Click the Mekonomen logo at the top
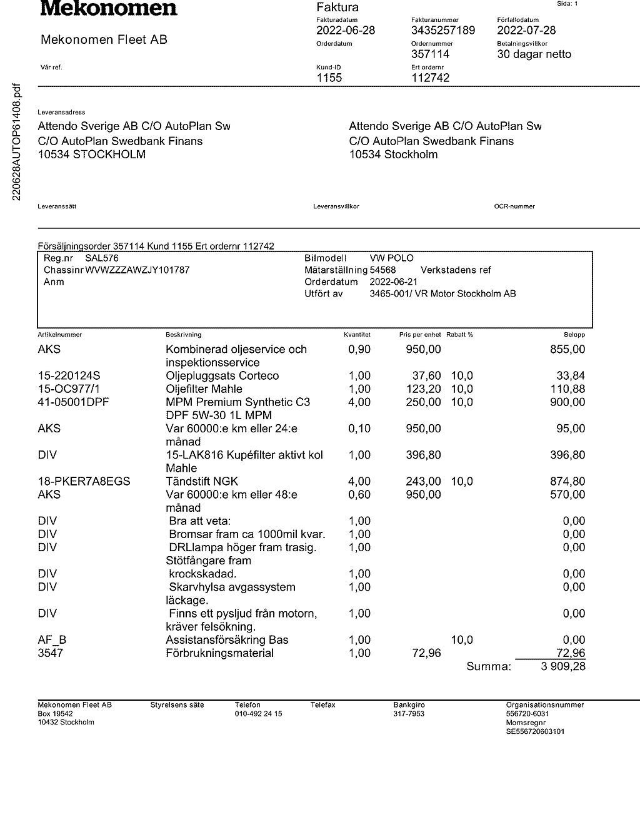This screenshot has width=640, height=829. tap(109, 9)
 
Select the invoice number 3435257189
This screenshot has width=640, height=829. tap(442, 31)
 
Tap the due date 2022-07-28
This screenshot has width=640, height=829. tap(526, 31)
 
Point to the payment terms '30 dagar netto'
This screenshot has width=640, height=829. tap(534, 54)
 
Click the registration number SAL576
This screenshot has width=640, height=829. tap(101, 258)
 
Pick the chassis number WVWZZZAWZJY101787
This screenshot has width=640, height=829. tap(137, 270)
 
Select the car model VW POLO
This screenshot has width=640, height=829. tap(391, 258)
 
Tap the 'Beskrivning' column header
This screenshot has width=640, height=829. tap(183, 335)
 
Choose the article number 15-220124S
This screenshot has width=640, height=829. tap(69, 376)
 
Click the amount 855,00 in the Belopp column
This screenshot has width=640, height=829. tap(567, 349)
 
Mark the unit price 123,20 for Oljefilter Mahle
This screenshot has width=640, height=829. tap(423, 389)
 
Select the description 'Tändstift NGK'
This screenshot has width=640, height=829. tap(202, 482)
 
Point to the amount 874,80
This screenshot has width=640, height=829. tap(567, 482)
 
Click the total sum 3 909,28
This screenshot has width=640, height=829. tap(563, 667)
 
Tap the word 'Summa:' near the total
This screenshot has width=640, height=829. tap(489, 667)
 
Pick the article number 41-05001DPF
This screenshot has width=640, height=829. tap(73, 402)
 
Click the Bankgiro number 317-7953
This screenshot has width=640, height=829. tap(409, 714)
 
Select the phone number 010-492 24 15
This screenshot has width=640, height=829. tap(258, 714)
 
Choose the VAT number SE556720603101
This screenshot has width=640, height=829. tap(535, 731)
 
